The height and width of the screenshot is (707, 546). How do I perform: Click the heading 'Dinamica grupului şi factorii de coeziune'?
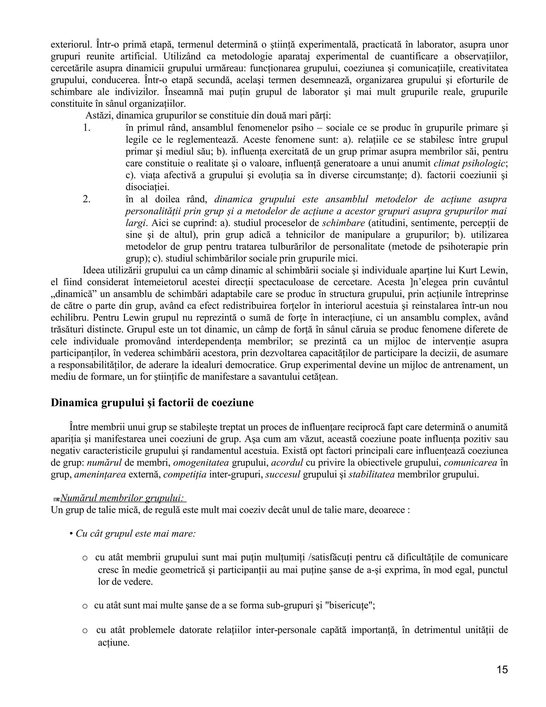tap(152, 403)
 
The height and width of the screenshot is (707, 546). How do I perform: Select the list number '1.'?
tap(86, 128)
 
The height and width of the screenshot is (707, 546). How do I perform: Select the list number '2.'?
tap(86, 199)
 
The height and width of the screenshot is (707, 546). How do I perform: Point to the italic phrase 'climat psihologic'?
tap(469, 164)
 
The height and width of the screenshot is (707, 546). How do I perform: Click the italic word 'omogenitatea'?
tap(201, 463)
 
